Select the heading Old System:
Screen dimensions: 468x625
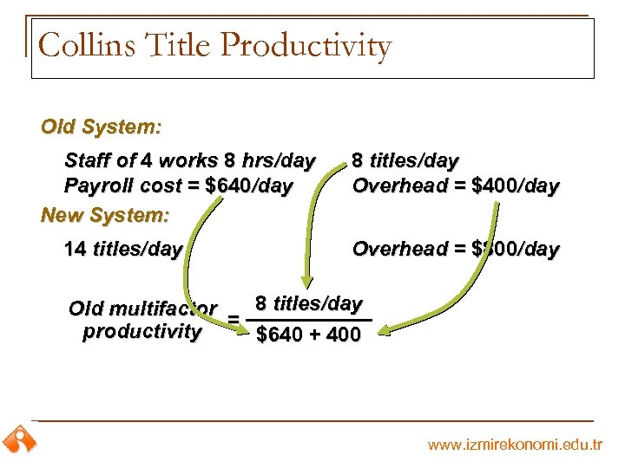[x=101, y=127]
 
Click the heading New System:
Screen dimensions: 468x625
[x=104, y=213]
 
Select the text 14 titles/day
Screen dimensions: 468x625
[x=123, y=250]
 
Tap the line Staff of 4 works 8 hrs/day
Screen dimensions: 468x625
[x=190, y=160]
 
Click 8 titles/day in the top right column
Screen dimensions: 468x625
[x=405, y=160]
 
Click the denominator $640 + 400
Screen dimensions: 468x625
[x=308, y=335]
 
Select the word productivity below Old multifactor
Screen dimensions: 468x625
[x=141, y=332]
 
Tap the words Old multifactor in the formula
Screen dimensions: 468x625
[x=142, y=308]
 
